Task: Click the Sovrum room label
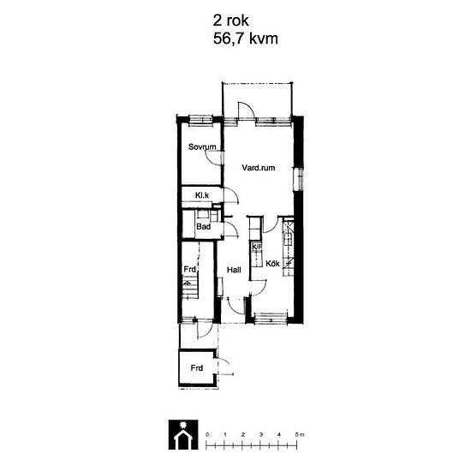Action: [x=202, y=147]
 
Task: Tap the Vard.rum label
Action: [x=259, y=168]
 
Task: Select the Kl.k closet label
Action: [x=202, y=195]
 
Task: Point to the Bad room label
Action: [x=203, y=226]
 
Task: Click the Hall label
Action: [x=234, y=270]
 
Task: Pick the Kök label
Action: [x=272, y=264]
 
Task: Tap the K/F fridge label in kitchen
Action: [x=257, y=247]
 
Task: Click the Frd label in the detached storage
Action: [x=197, y=368]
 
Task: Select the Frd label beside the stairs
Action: [x=190, y=269]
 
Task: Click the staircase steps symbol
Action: [x=190, y=288]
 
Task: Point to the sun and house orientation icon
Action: [x=183, y=434]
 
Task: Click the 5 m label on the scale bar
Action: [x=300, y=434]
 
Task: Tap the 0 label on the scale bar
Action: [x=207, y=434]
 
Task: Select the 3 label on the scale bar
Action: [x=261, y=434]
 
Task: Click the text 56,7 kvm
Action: [x=246, y=39]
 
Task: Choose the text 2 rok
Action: [x=231, y=21]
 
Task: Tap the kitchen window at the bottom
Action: [x=271, y=319]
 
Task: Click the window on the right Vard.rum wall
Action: [x=300, y=179]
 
